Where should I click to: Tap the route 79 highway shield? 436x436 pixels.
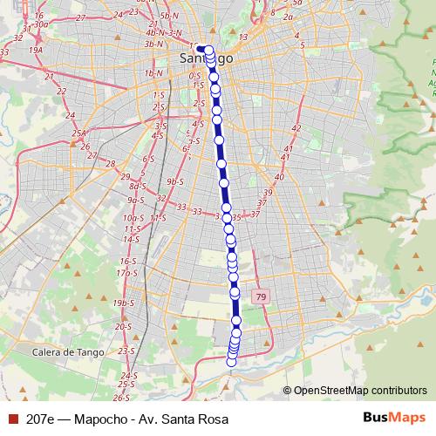click(x=260, y=297)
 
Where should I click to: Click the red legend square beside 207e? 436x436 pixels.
click(x=11, y=419)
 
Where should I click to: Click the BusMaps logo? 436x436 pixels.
click(x=393, y=418)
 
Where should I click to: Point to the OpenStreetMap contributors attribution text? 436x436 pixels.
click(x=359, y=391)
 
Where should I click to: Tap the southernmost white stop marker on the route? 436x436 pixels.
click(x=231, y=362)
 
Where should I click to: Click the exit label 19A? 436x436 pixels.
click(x=36, y=51)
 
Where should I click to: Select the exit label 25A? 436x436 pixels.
click(x=80, y=133)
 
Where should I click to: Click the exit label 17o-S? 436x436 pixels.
click(x=127, y=273)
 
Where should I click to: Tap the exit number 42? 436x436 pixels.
click(x=296, y=128)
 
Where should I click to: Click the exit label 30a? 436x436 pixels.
click(x=43, y=25)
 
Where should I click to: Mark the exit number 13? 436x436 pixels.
click(x=243, y=37)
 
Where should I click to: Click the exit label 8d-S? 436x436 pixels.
click(x=137, y=186)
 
